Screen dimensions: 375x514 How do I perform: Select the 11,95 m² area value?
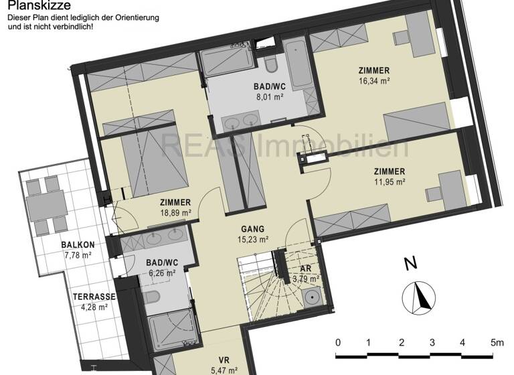(x=389, y=181)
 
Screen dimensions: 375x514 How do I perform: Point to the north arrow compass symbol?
(x=419, y=295)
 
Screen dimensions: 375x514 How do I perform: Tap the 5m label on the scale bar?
(x=495, y=342)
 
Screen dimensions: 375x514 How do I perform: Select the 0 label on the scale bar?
(x=338, y=342)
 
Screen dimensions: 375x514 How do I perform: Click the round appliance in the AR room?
(x=311, y=298)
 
